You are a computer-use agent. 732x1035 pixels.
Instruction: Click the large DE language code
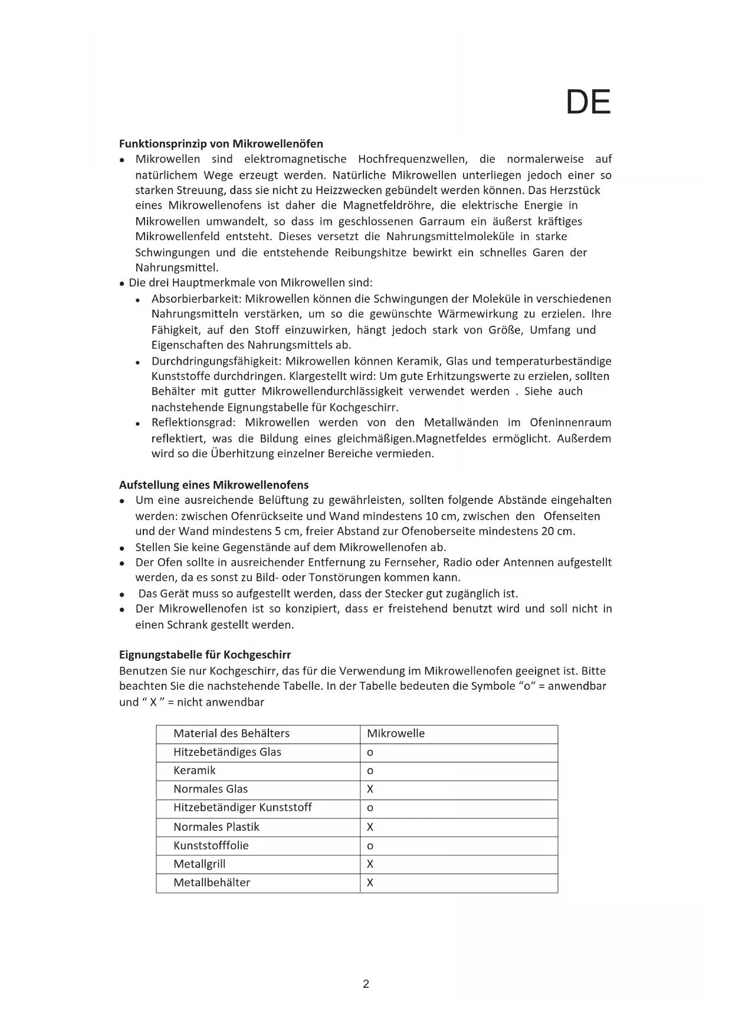pos(588,103)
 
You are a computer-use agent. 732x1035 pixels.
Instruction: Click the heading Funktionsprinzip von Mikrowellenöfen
pos(221,143)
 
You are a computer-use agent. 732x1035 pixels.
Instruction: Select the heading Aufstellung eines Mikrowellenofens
pos(214,485)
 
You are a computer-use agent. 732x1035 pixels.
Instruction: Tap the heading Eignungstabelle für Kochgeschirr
pos(205,655)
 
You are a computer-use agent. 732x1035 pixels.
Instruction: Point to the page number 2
pos(366,984)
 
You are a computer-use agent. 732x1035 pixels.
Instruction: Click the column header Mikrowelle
pos(396,733)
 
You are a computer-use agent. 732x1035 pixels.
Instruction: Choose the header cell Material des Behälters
pos(231,733)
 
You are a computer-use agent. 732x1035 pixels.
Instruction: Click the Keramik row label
pos(194,771)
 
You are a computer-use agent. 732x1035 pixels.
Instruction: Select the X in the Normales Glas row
pos(370,790)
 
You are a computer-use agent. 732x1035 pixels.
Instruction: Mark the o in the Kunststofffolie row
pos(370,846)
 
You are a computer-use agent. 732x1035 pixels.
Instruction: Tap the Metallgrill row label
pos(199,864)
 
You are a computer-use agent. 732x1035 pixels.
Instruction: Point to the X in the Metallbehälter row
pos(370,883)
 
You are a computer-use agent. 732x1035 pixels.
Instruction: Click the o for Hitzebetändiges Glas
pos(370,753)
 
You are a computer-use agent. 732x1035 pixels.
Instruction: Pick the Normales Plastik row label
pos(216,827)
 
